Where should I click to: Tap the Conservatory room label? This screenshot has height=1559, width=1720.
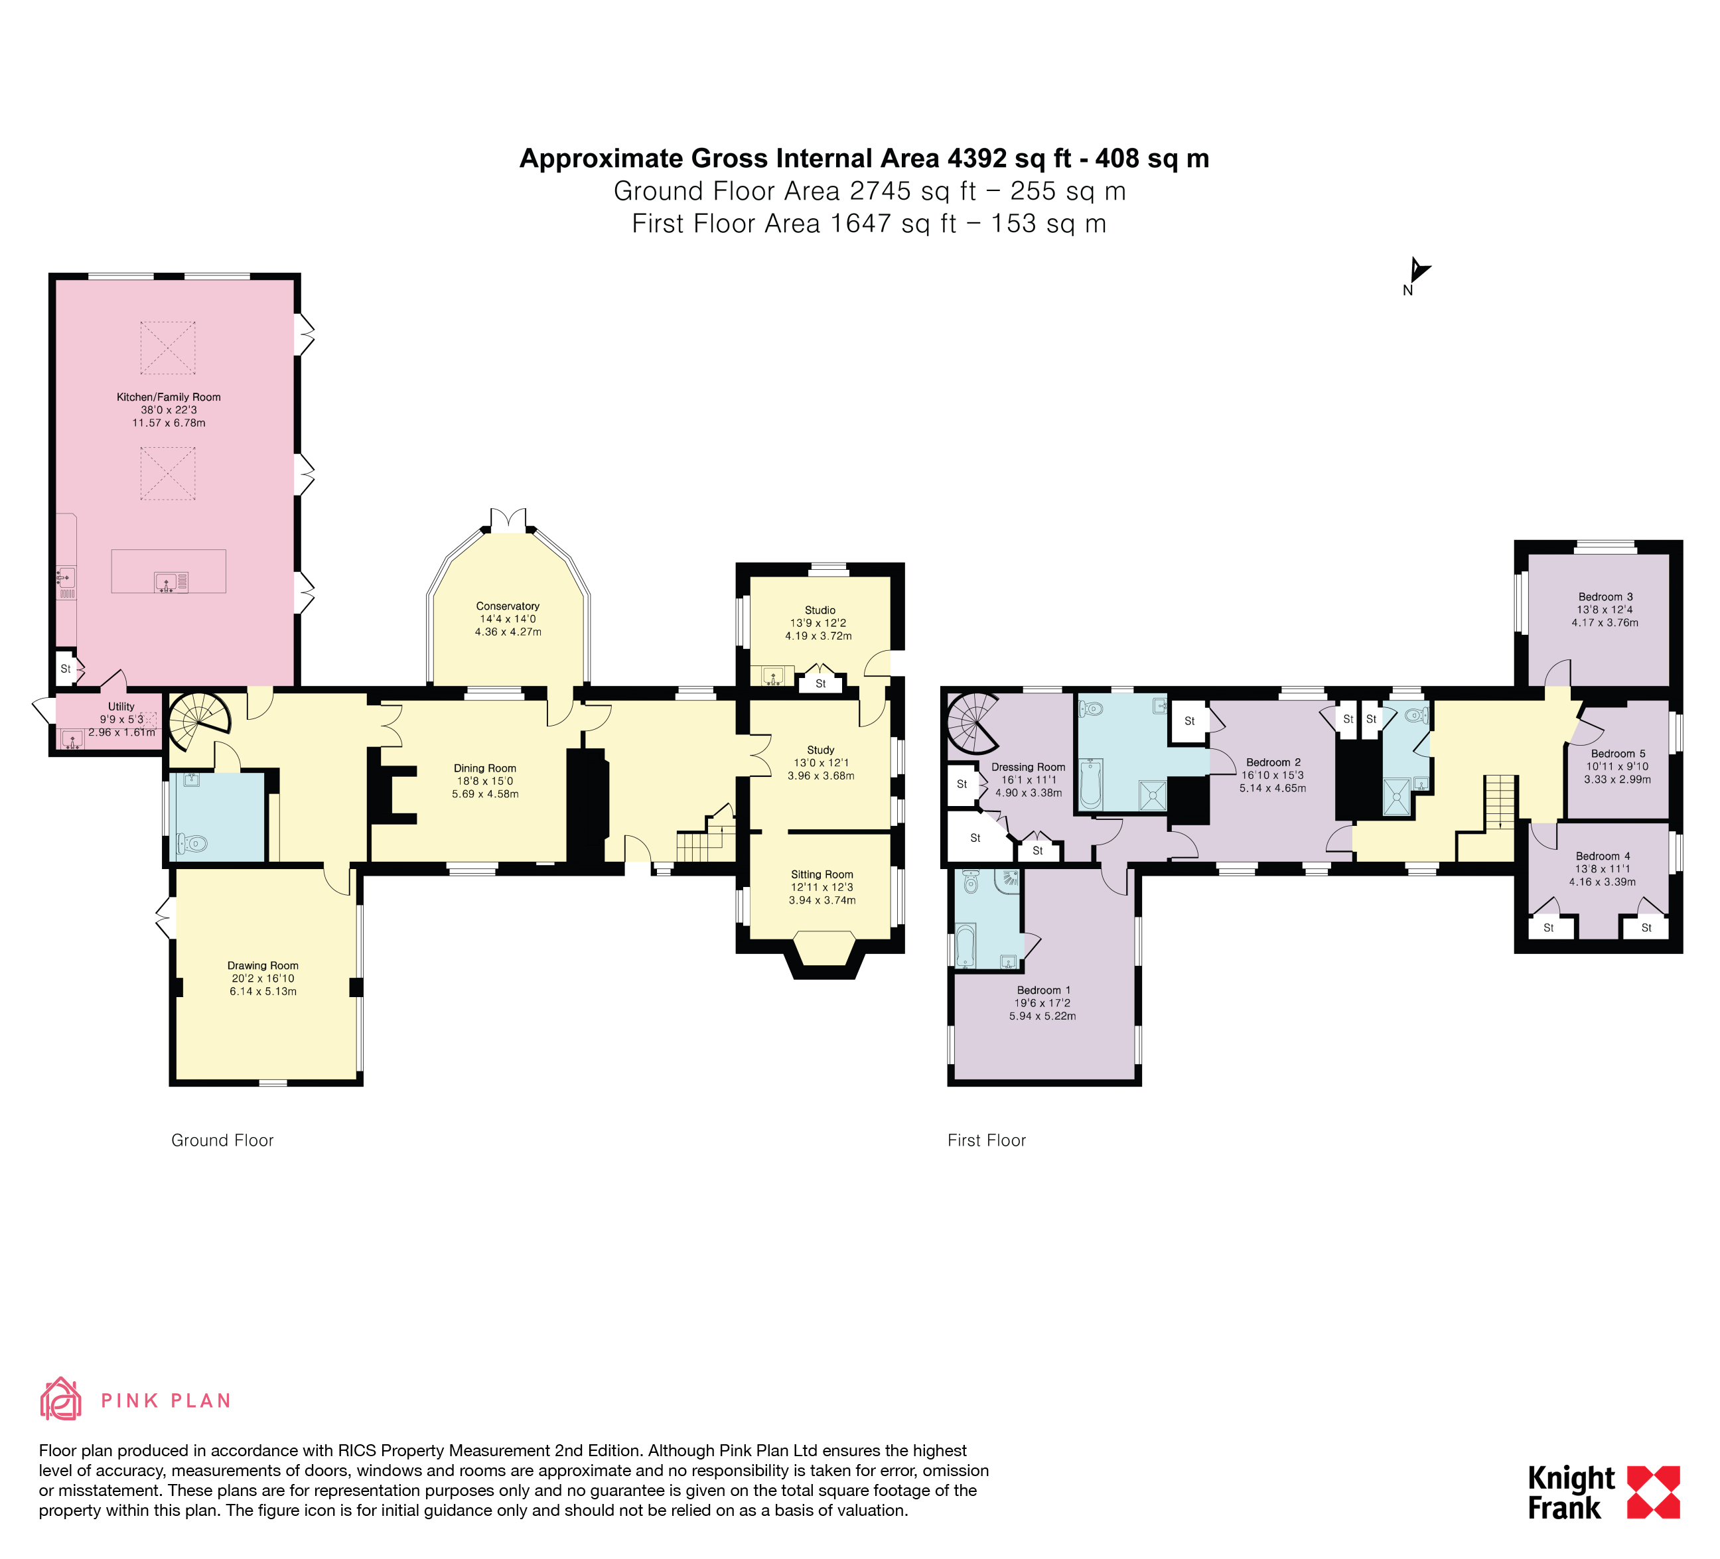pyautogui.click(x=508, y=606)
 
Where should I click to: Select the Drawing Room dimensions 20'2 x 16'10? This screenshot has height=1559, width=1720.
pyautogui.click(x=263, y=979)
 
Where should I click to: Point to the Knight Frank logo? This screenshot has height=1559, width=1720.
pyautogui.click(x=1603, y=1493)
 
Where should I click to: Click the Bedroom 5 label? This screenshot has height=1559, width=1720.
pyautogui.click(x=1618, y=753)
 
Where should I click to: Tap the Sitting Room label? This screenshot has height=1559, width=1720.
pyautogui.click(x=822, y=874)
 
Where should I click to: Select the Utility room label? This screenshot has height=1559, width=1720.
pyautogui.click(x=121, y=706)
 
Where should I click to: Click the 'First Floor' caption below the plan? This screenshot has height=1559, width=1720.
pyautogui.click(x=986, y=1140)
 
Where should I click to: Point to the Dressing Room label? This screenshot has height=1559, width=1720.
pyautogui.click(x=1028, y=767)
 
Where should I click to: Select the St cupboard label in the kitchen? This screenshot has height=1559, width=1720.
pyautogui.click(x=66, y=669)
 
